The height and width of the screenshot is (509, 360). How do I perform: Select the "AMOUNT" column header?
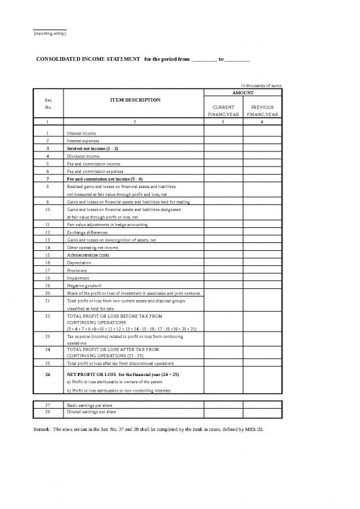click(x=243, y=93)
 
